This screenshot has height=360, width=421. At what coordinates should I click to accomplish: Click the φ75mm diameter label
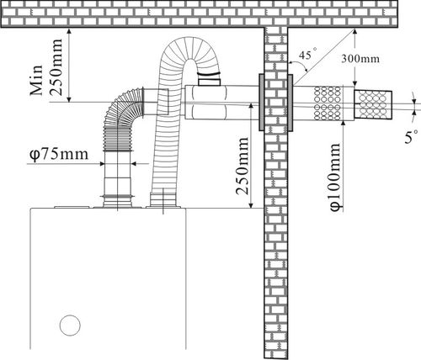[x=59, y=155]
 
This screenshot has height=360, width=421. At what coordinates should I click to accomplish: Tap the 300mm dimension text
[x=360, y=59]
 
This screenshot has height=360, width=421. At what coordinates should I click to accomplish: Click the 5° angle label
[x=412, y=137]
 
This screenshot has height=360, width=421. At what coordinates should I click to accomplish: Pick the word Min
[x=36, y=81]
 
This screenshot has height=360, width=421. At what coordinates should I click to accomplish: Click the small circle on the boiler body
[x=70, y=326]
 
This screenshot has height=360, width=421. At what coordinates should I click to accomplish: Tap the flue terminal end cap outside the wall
[x=373, y=104]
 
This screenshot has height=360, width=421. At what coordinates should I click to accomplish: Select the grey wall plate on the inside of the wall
[x=261, y=103]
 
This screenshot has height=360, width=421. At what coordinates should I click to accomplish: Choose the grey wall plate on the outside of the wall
[x=290, y=103]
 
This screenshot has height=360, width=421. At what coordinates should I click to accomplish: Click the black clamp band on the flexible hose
[x=209, y=74]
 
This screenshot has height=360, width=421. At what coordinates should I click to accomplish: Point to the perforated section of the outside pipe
[x=328, y=103]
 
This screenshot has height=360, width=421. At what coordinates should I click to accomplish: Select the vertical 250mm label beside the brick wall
[x=242, y=166]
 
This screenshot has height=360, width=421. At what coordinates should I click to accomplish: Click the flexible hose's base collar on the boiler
[x=163, y=200]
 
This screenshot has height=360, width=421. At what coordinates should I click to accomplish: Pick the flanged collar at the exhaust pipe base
[x=117, y=201]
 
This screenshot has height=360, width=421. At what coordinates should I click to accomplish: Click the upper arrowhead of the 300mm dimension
[x=354, y=32]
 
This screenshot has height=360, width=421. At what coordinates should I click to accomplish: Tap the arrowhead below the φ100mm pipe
[x=344, y=124]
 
